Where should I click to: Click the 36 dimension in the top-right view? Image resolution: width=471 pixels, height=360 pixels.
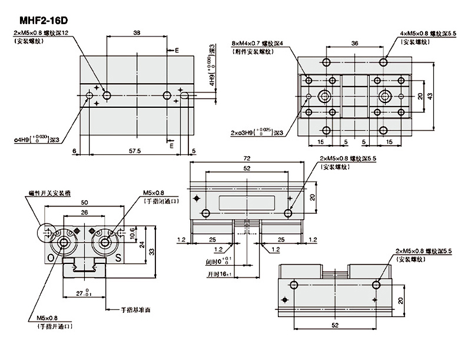(x=355, y=43)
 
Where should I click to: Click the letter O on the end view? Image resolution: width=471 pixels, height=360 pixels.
(x=51, y=257)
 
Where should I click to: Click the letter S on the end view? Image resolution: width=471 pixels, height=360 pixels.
(x=118, y=257)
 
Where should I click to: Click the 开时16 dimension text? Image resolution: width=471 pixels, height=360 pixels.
(x=217, y=275)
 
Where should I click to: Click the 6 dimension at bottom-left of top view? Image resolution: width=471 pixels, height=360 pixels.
(x=76, y=151)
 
